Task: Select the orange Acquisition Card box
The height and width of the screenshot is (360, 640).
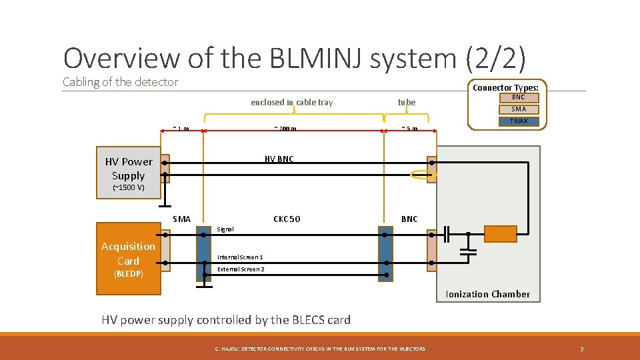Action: coord(128,259)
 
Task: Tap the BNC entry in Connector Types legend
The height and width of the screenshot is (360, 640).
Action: coord(518,97)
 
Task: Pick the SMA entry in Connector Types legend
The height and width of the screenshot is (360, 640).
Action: coord(518,109)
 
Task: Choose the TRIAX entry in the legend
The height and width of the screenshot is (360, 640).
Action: coord(518,121)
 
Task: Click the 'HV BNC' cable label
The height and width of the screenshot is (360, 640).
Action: coord(279,159)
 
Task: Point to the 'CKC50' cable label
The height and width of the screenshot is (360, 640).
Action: coord(287,219)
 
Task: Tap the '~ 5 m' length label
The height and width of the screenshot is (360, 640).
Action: coord(409,129)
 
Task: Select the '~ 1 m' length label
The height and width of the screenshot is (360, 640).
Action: coord(181,129)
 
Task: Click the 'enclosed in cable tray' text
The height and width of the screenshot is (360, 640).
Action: coord(291,102)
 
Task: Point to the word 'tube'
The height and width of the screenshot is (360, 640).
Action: coord(406,102)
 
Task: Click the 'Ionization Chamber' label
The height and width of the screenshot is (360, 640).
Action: coord(487,294)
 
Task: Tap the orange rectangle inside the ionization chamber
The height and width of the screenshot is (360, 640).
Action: coord(500,234)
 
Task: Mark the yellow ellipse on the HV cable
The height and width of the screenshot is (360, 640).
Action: coord(423,175)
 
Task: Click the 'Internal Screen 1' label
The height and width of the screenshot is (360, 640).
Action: coord(240,257)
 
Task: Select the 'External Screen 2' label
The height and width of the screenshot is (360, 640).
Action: coord(241,269)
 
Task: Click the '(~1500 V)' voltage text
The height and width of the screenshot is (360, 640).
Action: coord(128,187)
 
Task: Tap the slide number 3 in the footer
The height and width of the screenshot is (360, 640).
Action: coord(581,349)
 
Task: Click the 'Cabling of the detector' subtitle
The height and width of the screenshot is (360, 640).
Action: coord(121,82)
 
